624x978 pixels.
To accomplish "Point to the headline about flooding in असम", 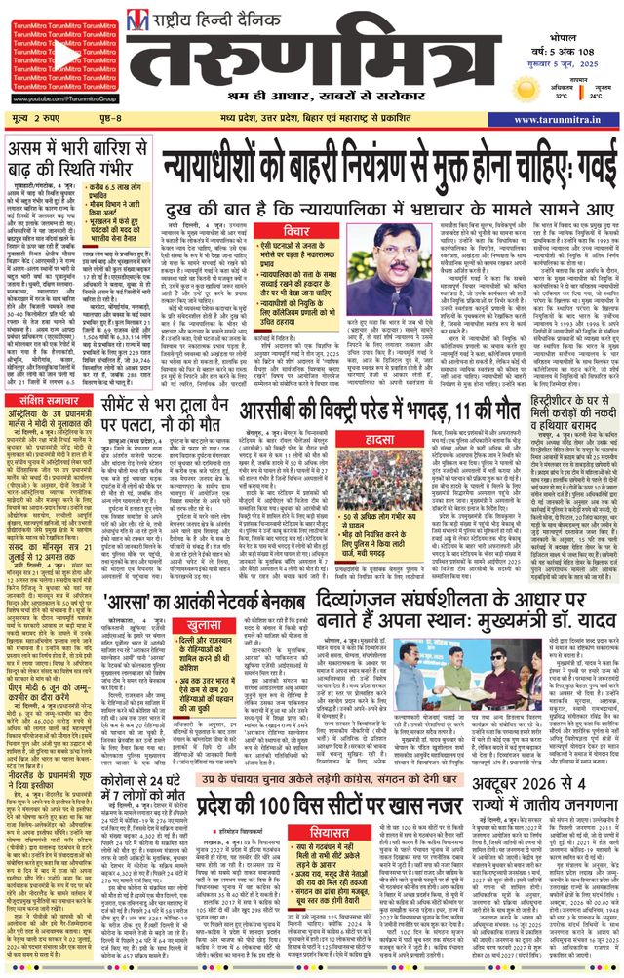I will pos(72,159).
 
